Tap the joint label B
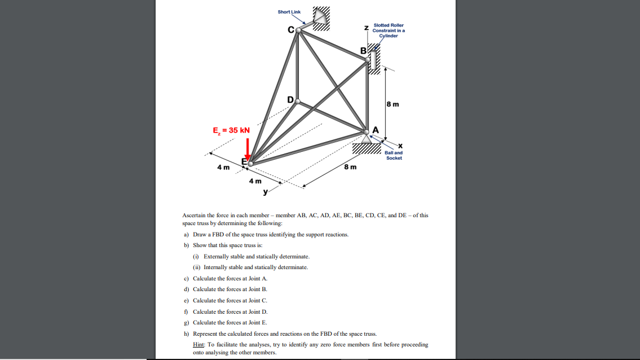point(364,52)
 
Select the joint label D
point(290,100)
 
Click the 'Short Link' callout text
point(289,12)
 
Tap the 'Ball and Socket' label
point(394,155)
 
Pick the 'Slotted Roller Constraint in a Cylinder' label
point(389,30)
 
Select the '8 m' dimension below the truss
point(350,167)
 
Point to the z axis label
point(367,28)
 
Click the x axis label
point(400,146)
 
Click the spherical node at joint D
point(298,102)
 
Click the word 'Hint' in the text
point(198,344)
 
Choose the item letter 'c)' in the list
point(186,278)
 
